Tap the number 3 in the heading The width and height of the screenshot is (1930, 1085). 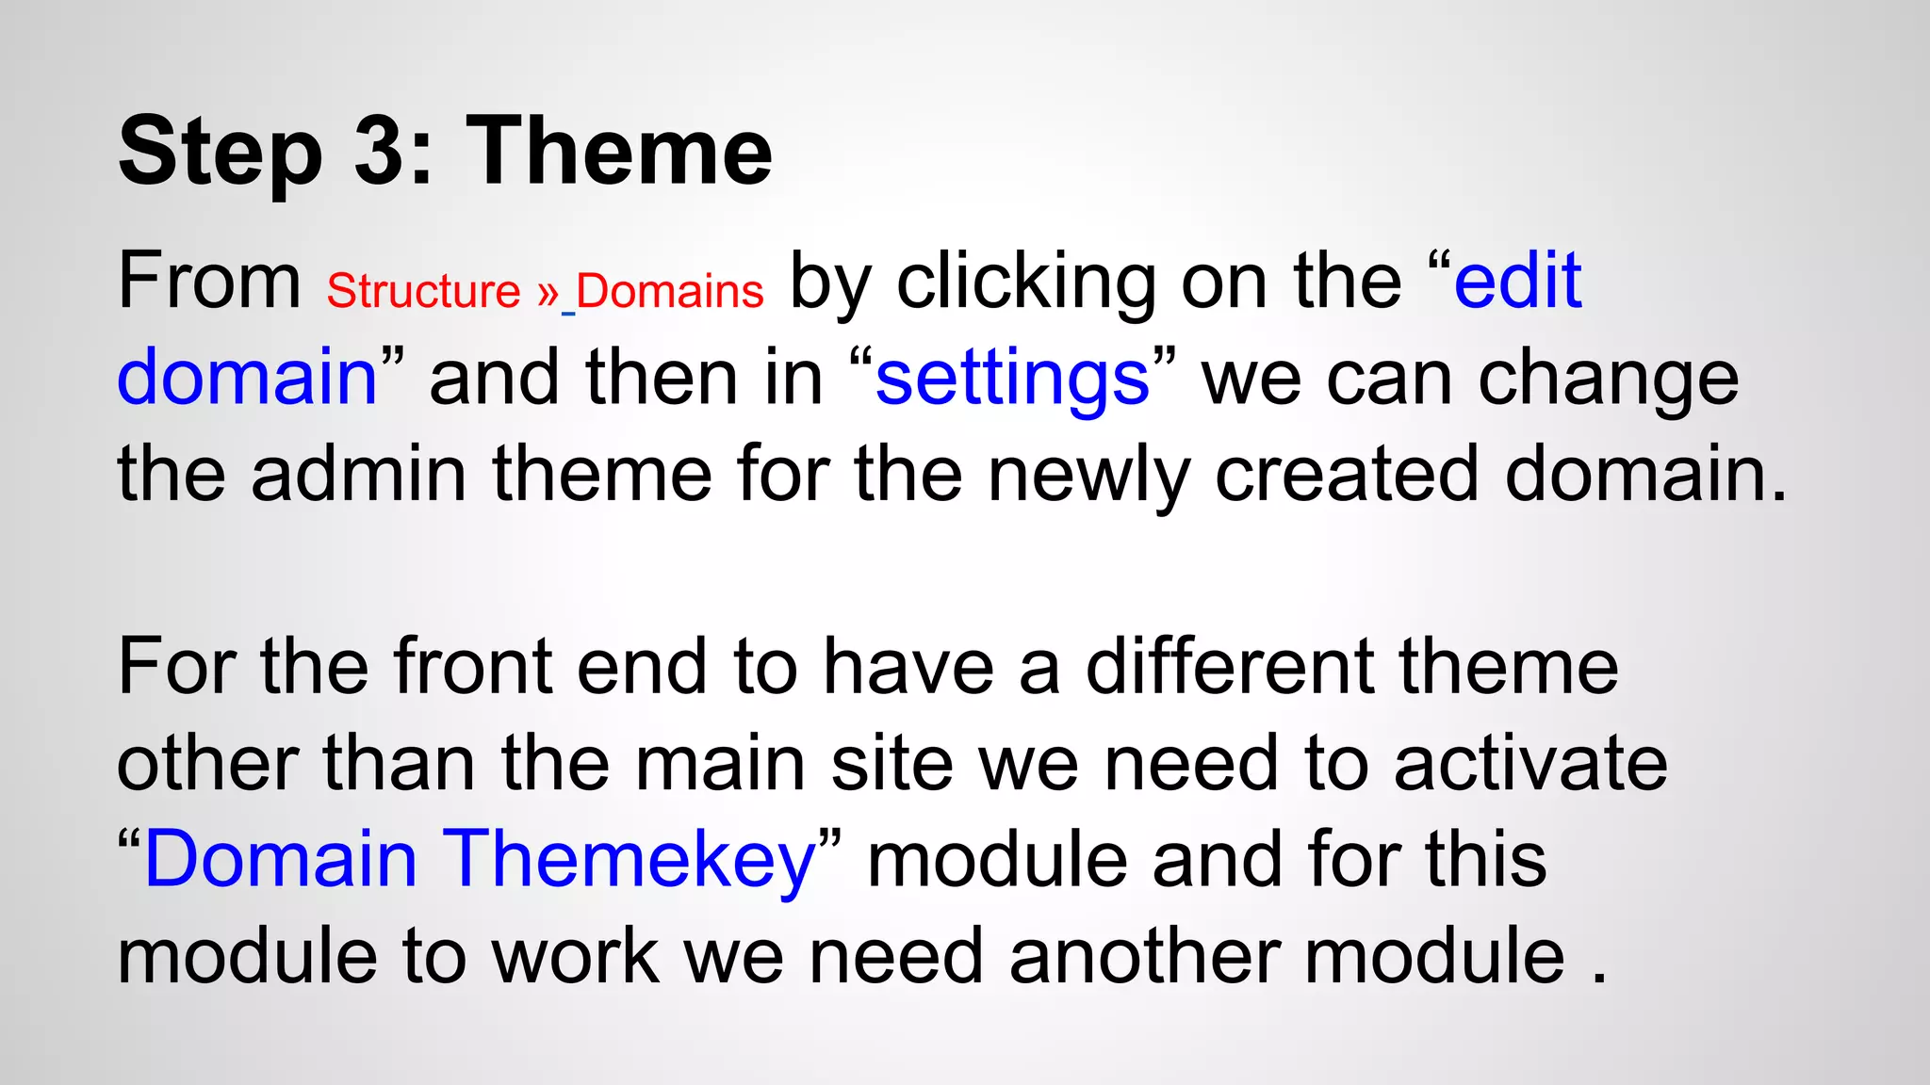pos(384,151)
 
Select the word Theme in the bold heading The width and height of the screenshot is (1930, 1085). pos(619,151)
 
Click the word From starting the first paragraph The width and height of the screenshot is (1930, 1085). pos(209,281)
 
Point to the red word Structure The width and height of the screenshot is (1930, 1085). pos(423,291)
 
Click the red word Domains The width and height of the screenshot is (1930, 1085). pos(669,291)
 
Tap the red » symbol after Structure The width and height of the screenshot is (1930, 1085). pos(548,293)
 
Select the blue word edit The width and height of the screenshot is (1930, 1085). pos(1517,281)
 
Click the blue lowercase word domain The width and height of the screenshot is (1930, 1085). pos(247,377)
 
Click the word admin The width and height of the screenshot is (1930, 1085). pos(358,474)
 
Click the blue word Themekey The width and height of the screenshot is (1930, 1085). pos(629,861)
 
